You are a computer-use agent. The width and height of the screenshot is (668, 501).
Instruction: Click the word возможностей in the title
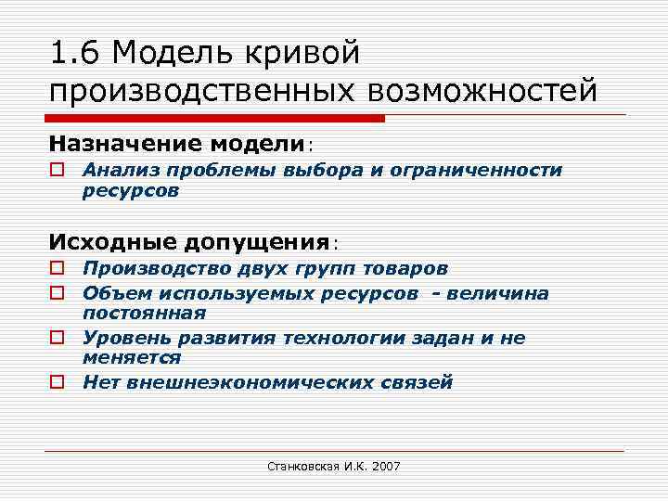click(482, 92)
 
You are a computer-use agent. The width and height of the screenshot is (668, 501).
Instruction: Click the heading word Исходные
click(111, 242)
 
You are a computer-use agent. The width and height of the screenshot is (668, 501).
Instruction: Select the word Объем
click(112, 294)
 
